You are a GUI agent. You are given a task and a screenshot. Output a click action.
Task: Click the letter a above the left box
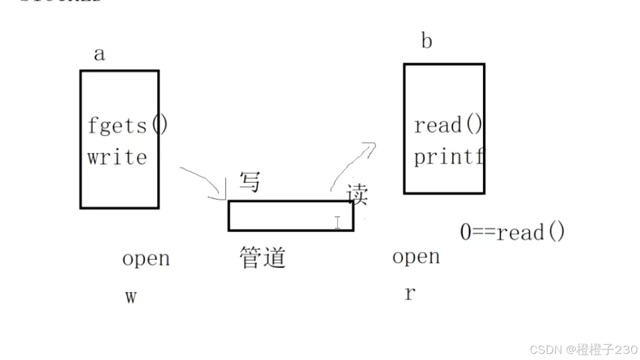click(99, 54)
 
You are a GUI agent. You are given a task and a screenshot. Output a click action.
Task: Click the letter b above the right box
click(426, 42)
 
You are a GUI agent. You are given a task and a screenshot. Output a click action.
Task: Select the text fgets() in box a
click(127, 126)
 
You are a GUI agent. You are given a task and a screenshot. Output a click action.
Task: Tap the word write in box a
click(117, 157)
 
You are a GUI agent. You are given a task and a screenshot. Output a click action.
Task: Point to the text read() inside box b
click(448, 126)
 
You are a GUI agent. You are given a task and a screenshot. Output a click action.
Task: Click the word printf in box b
click(450, 157)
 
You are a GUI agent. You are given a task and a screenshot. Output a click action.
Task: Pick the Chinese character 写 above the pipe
click(249, 182)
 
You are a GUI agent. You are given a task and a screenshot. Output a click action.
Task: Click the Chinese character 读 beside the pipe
click(357, 195)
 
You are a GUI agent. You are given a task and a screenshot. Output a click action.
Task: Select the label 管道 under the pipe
click(262, 258)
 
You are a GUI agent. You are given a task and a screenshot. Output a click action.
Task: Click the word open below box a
click(146, 259)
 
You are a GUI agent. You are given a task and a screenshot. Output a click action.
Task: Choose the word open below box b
click(416, 257)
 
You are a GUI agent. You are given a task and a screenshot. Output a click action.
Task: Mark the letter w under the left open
click(130, 297)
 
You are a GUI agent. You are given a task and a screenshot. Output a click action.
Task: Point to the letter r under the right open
click(410, 294)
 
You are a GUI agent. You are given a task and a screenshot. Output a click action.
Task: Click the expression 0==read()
click(513, 232)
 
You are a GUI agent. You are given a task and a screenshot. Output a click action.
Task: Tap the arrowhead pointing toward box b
click(369, 146)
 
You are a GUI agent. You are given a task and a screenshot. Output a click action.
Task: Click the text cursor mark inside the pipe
click(337, 222)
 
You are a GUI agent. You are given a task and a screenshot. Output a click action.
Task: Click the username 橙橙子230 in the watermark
click(607, 350)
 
